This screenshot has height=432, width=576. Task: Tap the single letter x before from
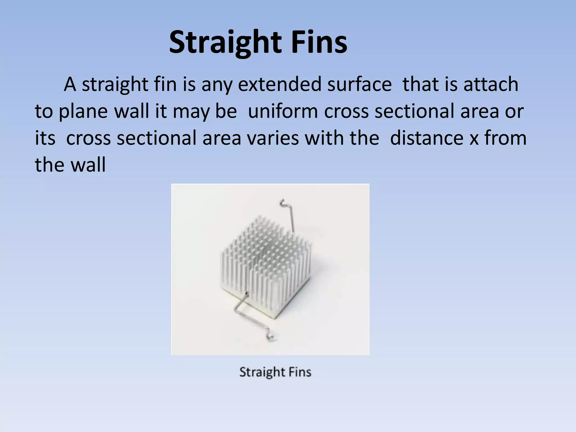pos(474,138)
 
